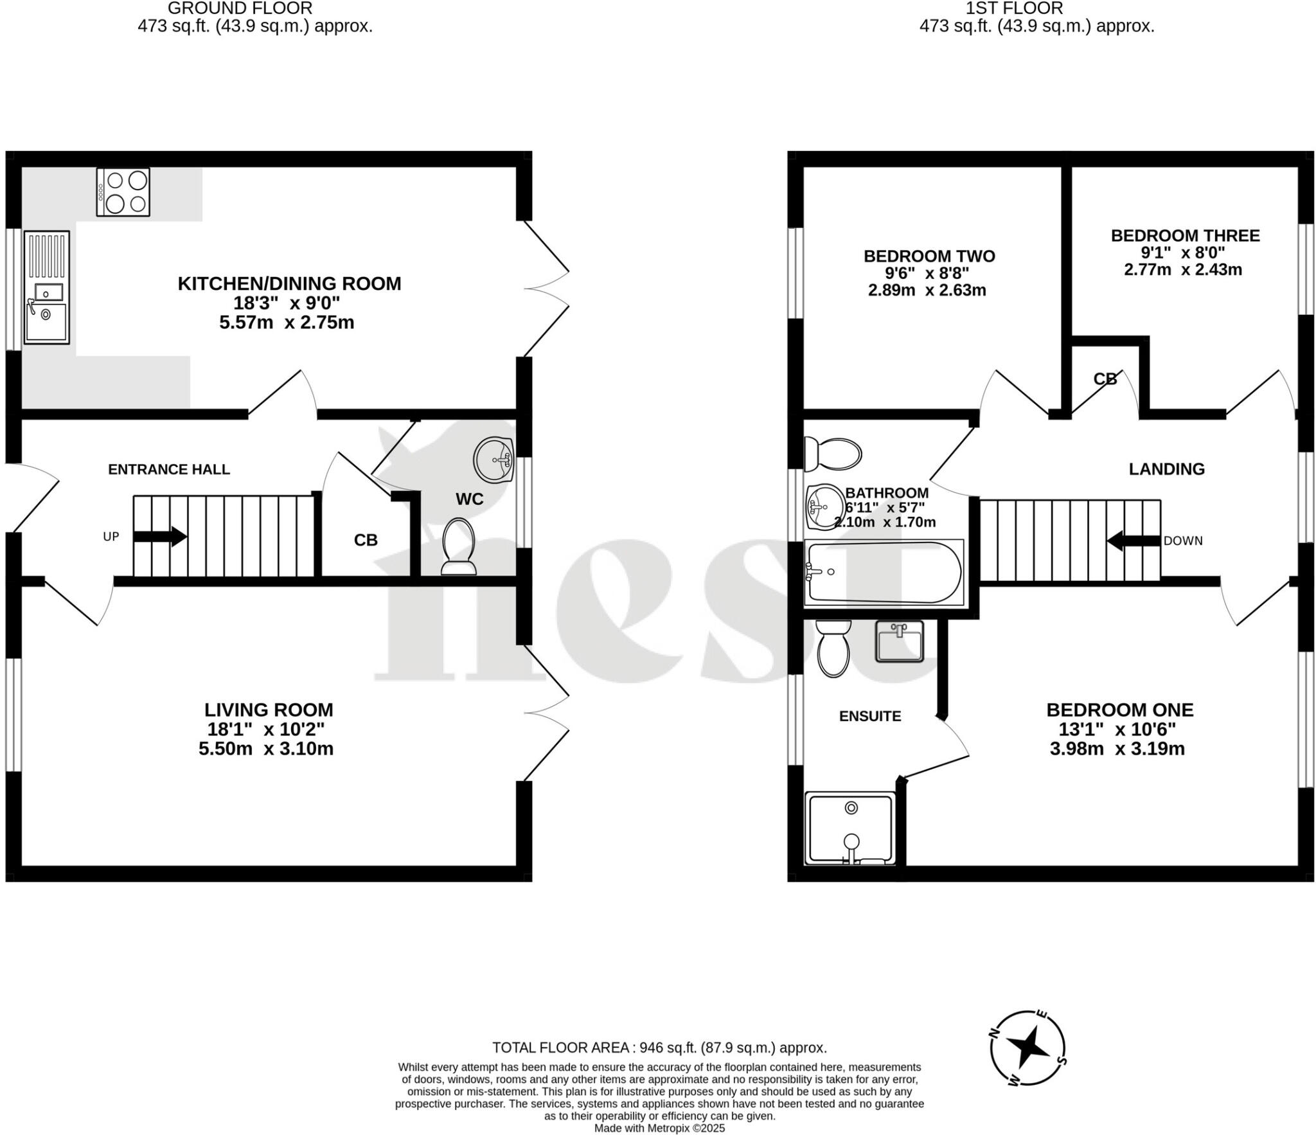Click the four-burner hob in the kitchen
[x=123, y=192]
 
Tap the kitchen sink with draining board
[x=46, y=287]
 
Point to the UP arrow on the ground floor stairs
[x=160, y=536]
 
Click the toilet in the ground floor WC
[x=458, y=546]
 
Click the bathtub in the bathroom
[x=884, y=572]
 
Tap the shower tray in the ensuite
[x=850, y=829]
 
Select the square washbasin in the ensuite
[x=899, y=641]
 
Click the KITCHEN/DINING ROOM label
[x=289, y=283]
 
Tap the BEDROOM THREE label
[x=1185, y=235]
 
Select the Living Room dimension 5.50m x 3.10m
[x=266, y=749]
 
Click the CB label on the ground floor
[x=366, y=541]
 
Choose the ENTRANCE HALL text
[x=168, y=469]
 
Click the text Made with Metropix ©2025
[x=659, y=1128]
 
